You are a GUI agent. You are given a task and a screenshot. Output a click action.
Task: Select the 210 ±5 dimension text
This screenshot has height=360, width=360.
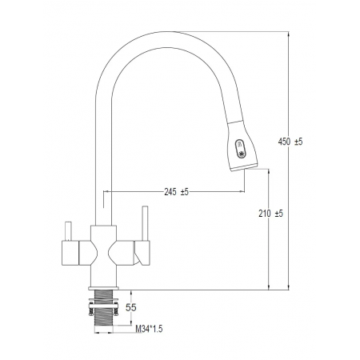pos(271,214)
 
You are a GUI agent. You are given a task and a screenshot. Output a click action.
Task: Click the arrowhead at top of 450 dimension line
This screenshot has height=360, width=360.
pos(289,34)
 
